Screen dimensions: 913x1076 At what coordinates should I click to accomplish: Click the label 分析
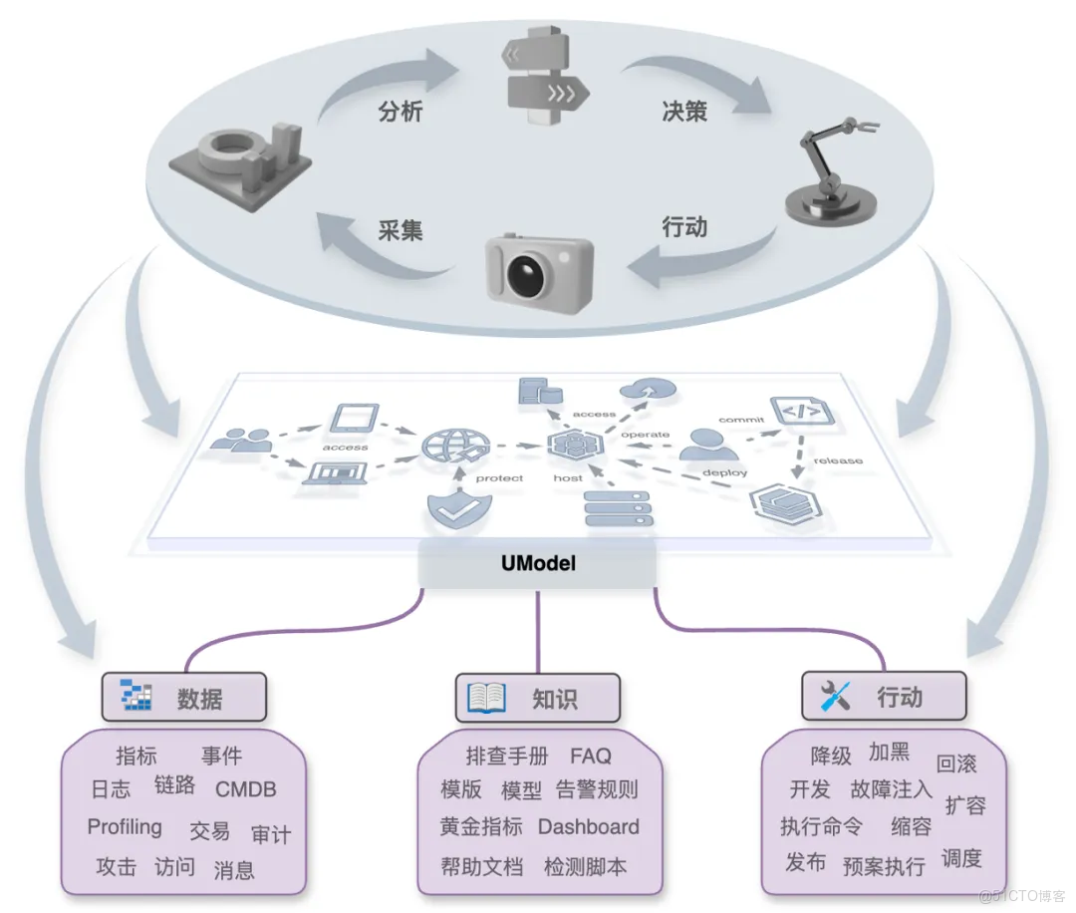click(x=401, y=111)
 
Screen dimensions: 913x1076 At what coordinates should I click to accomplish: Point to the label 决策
click(x=683, y=111)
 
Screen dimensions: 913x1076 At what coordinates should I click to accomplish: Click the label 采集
click(x=401, y=230)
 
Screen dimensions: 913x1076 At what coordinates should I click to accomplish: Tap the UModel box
click(x=538, y=564)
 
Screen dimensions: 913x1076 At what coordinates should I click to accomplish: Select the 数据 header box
click(x=184, y=697)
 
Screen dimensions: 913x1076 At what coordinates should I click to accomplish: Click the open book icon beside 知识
click(x=487, y=698)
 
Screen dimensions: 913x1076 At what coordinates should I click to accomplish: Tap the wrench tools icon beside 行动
click(x=834, y=696)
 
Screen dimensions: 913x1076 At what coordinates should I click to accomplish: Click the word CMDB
click(x=246, y=789)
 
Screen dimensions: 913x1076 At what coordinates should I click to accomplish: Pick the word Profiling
click(x=125, y=827)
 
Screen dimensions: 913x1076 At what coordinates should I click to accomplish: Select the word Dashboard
click(x=589, y=827)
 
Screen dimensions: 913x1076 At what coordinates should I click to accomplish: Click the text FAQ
click(x=591, y=757)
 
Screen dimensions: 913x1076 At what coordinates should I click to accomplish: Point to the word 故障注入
click(x=891, y=789)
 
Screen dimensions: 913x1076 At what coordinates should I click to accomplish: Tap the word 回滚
click(x=956, y=764)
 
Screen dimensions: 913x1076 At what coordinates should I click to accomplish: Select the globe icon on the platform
click(x=450, y=444)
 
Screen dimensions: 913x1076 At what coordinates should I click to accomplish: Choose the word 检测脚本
click(x=585, y=867)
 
